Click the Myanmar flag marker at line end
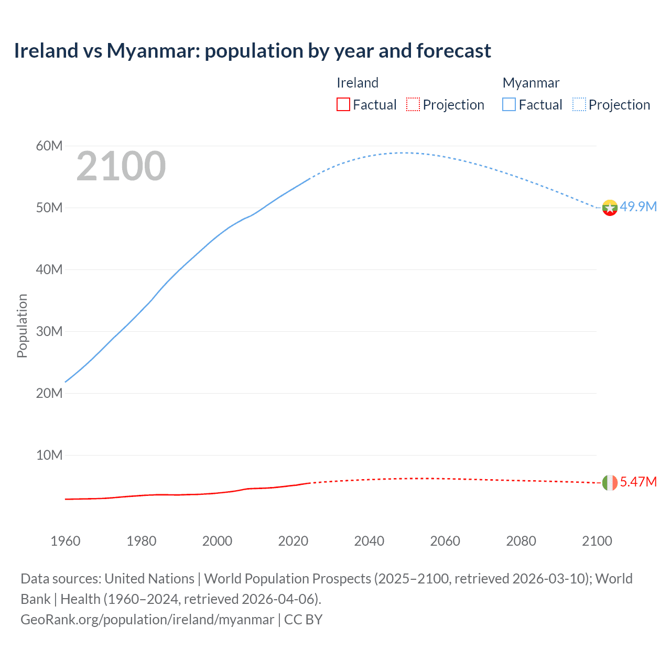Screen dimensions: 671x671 click(x=610, y=208)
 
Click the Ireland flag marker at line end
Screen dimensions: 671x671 click(x=610, y=482)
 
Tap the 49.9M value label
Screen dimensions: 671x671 click(x=638, y=207)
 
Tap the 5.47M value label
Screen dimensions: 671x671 click(x=638, y=482)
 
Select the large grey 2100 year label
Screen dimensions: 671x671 click(x=121, y=167)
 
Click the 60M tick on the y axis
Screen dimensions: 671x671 click(x=49, y=146)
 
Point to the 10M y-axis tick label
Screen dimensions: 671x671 click(x=49, y=455)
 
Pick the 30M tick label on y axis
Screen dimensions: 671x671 click(x=49, y=331)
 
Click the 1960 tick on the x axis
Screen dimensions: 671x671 click(x=66, y=541)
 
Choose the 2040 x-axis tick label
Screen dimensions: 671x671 click(x=369, y=541)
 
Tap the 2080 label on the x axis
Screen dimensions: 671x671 click(x=521, y=541)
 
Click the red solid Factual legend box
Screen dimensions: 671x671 click(x=343, y=105)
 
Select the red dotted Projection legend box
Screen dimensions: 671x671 click(x=413, y=105)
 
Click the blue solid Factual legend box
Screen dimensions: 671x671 click(x=509, y=105)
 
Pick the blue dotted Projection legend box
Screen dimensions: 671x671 click(x=579, y=105)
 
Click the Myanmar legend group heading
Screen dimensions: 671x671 click(x=531, y=83)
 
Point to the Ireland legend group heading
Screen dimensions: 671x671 click(x=358, y=83)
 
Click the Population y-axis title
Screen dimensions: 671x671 click(x=22, y=326)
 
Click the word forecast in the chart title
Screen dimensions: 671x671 click(x=453, y=51)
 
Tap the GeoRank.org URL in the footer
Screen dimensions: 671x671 click(x=147, y=620)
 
